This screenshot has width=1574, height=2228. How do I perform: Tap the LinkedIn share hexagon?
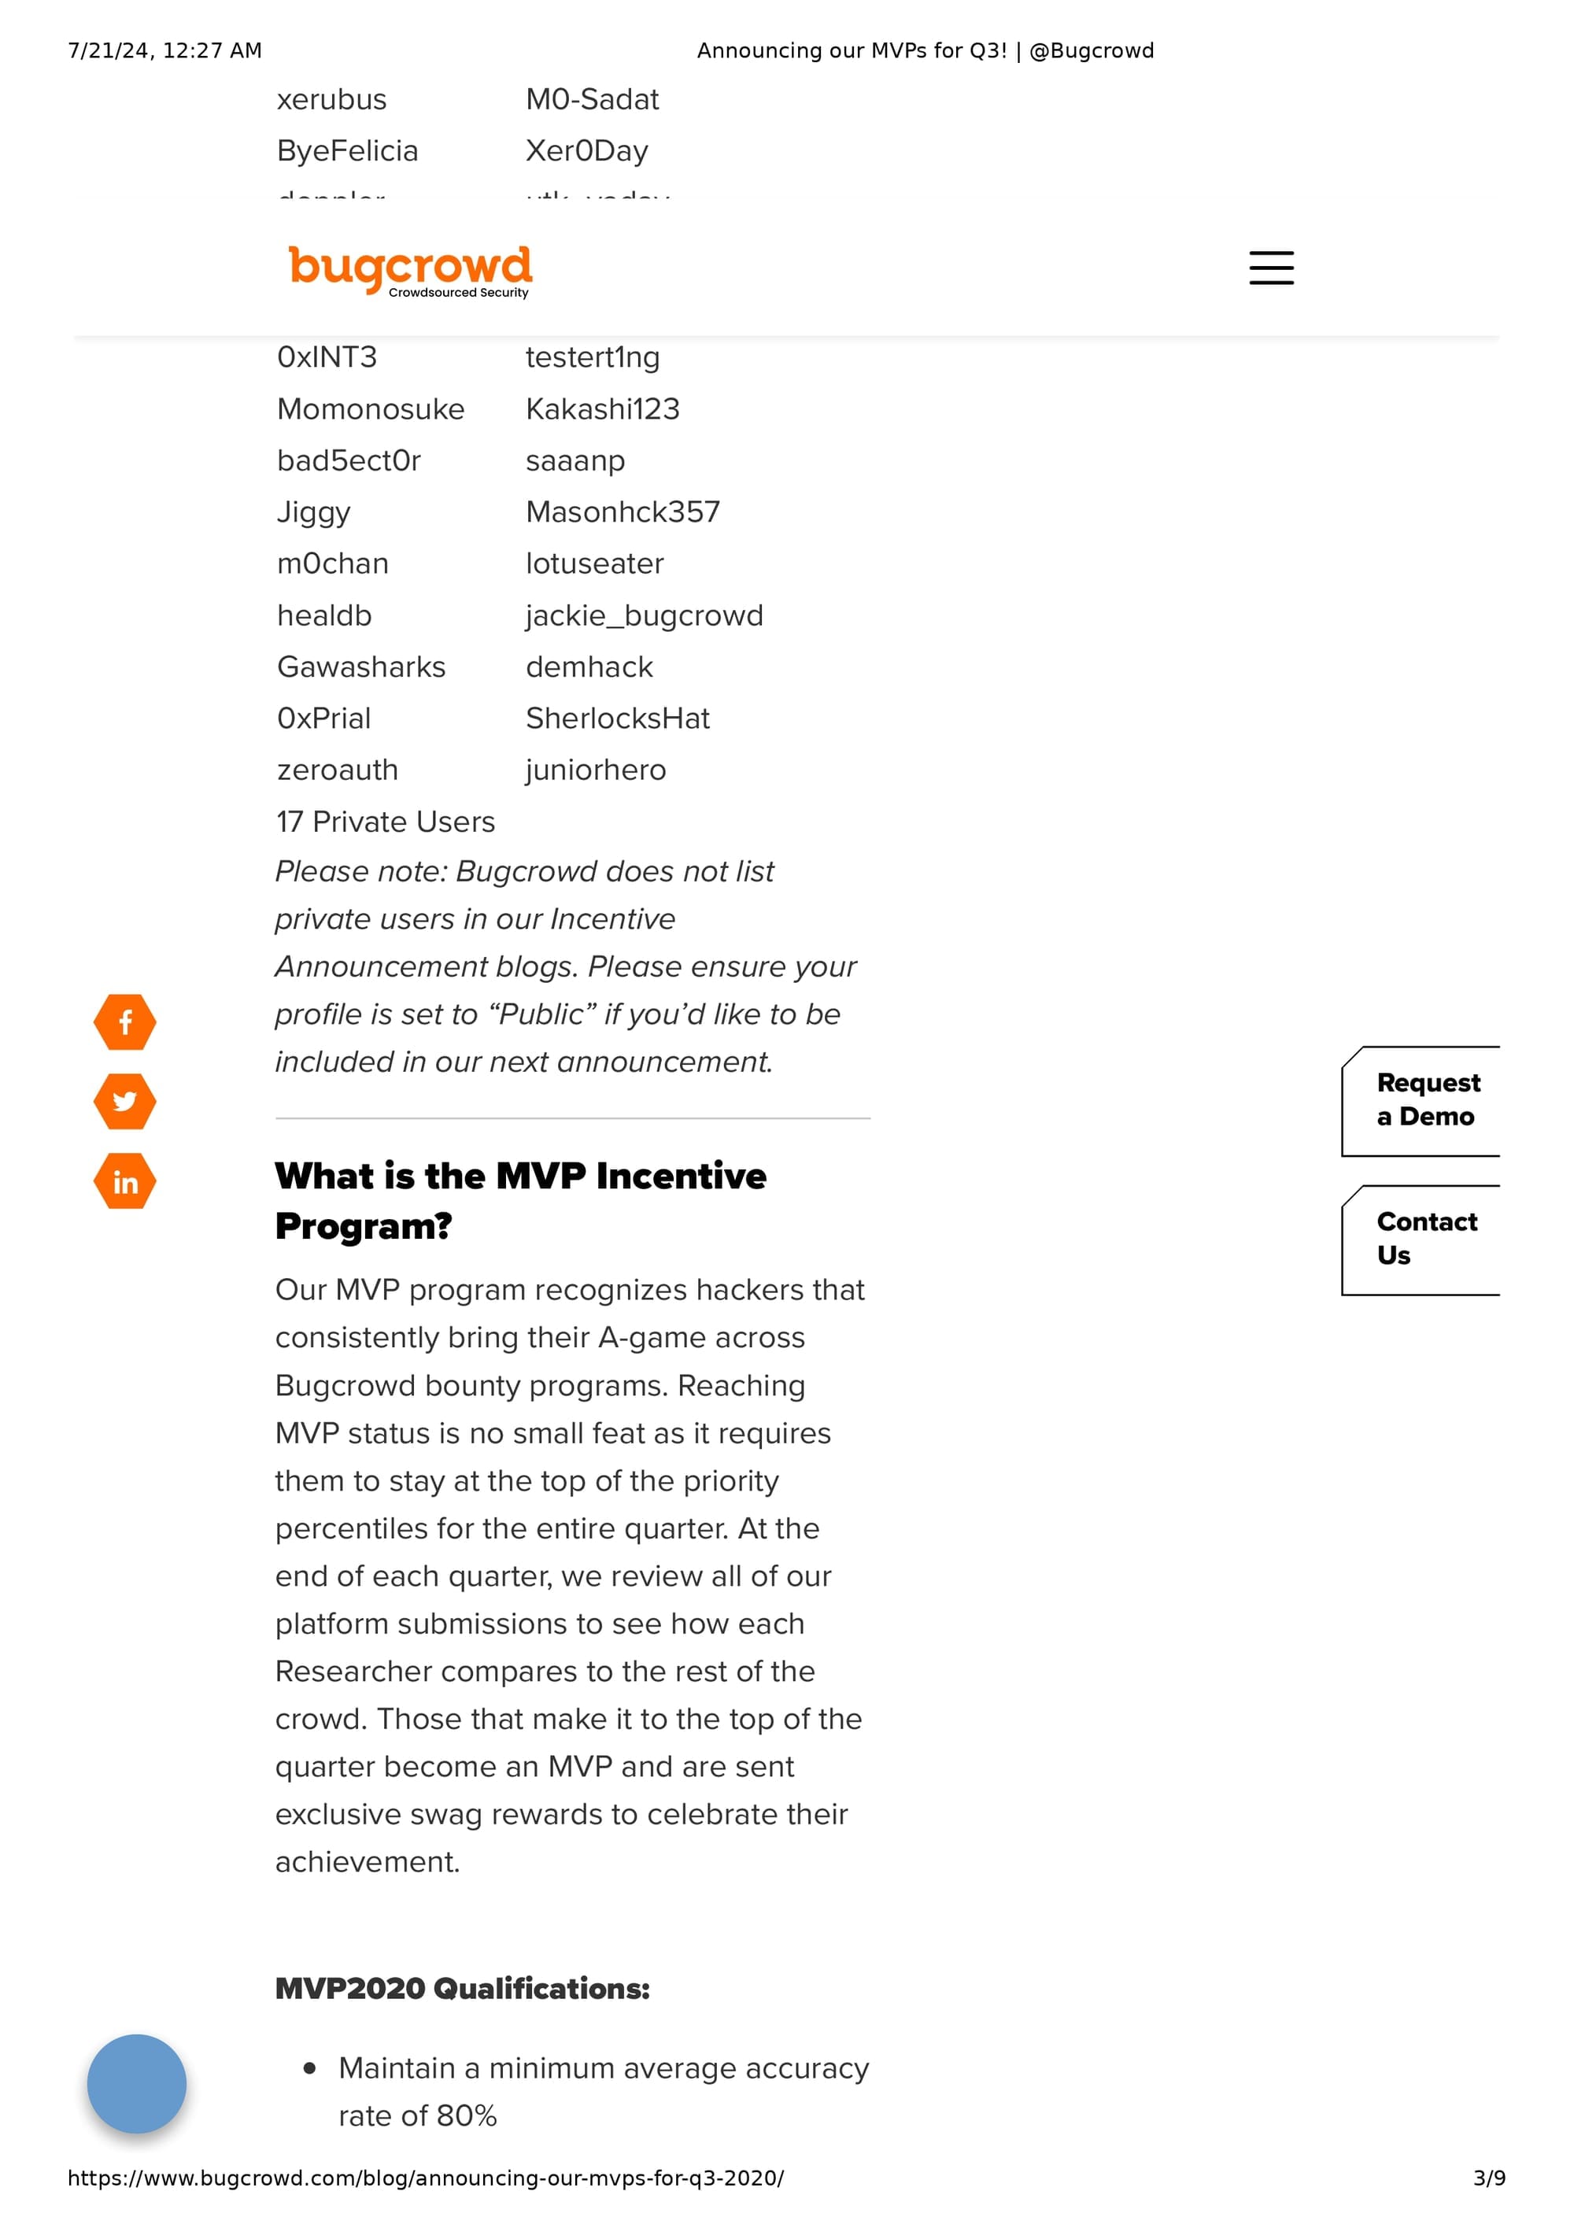pos(125,1181)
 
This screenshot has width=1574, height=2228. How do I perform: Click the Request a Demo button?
pos(1427,1100)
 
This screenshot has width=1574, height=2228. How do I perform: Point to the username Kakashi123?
pos(603,409)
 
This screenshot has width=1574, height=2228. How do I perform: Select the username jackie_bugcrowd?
pos(645,616)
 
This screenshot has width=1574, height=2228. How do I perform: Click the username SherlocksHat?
pos(617,719)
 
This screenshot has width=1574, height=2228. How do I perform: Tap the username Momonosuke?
pos(371,409)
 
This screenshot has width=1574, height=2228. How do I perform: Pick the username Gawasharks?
pos(361,667)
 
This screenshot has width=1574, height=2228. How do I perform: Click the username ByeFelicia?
pos(347,151)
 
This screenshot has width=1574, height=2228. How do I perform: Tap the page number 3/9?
pos(1488,2178)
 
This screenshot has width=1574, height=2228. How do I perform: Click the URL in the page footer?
pos(425,2178)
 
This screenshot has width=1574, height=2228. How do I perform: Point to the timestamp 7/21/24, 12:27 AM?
pos(165,50)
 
